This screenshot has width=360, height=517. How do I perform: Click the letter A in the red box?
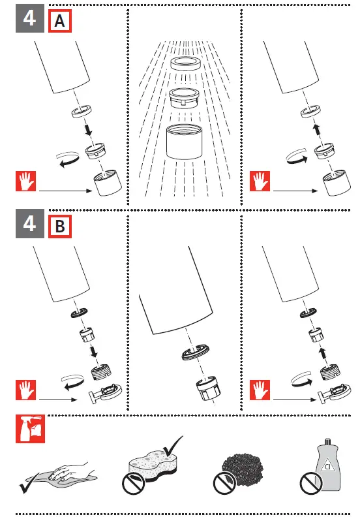pyautogui.click(x=59, y=21)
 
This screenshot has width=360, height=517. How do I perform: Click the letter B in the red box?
pyautogui.click(x=60, y=227)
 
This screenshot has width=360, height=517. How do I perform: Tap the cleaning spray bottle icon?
pyautogui.click(x=30, y=429)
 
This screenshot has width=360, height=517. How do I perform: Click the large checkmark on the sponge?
pyautogui.click(x=173, y=446)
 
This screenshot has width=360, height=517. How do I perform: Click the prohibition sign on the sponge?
pyautogui.click(x=134, y=484)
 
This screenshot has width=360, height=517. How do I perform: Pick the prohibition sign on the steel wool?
pyautogui.click(x=224, y=483)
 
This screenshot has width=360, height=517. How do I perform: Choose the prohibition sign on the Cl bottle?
pyautogui.click(x=311, y=483)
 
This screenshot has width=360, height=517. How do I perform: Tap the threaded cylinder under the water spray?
pyautogui.click(x=185, y=142)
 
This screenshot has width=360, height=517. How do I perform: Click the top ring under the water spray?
pyautogui.click(x=186, y=63)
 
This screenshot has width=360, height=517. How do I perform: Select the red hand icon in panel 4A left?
pyautogui.click(x=25, y=181)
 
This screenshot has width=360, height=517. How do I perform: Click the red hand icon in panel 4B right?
pyautogui.click(x=260, y=390)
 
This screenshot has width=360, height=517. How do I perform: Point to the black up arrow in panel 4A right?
pyautogui.click(x=316, y=129)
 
